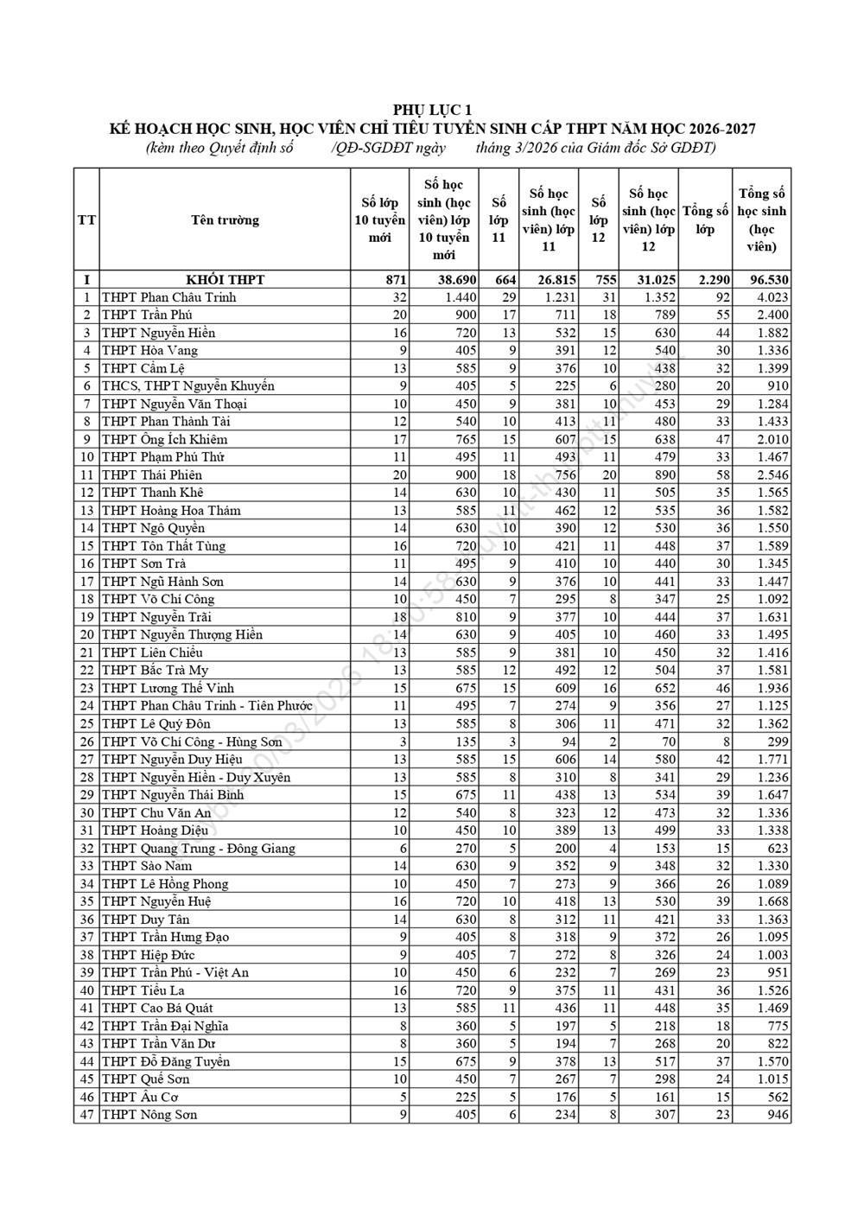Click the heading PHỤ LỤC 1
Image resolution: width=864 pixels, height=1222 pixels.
tap(433, 110)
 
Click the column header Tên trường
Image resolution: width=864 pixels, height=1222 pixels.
tap(225, 220)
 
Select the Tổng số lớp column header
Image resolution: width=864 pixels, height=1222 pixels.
tap(705, 220)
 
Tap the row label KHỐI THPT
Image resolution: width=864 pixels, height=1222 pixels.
tap(225, 280)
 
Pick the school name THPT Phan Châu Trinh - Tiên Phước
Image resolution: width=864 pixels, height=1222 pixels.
tap(206, 706)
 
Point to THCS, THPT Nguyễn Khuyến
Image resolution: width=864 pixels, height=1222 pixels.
tap(187, 386)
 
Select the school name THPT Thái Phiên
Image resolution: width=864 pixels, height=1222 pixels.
tap(152, 474)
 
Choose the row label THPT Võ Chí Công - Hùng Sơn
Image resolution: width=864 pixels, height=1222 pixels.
tap(192, 741)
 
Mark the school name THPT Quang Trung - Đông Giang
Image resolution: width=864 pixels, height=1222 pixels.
tap(198, 849)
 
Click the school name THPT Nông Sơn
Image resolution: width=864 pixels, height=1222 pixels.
tap(149, 1115)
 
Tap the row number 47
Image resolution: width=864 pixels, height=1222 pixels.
tap(86, 1115)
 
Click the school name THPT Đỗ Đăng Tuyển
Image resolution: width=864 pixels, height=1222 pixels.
tap(166, 1061)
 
